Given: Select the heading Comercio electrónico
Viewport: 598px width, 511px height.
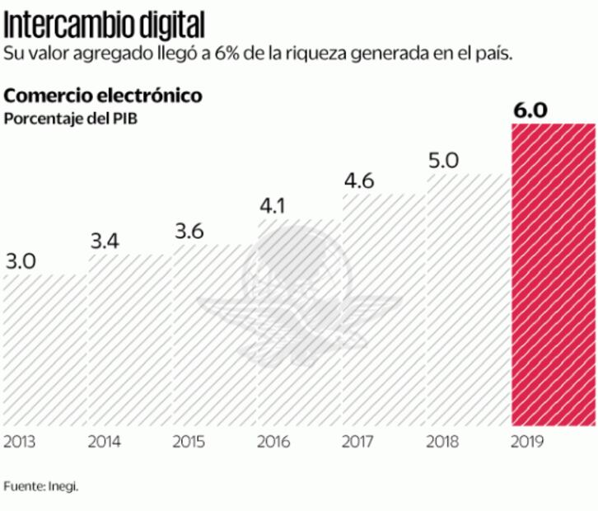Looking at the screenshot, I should (104, 96).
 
